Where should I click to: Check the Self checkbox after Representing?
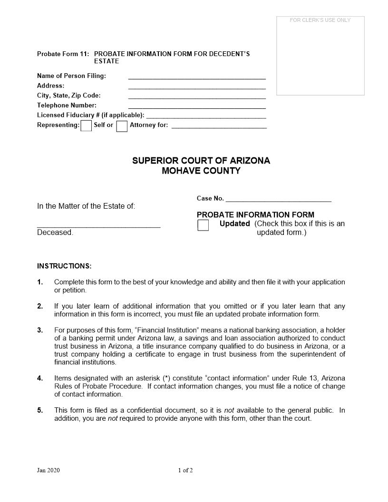[86, 126]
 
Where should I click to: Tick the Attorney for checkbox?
[122, 126]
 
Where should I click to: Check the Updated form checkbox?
[203, 225]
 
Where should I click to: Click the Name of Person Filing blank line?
[197, 76]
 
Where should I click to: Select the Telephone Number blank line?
[197, 106]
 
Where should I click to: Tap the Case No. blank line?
[278, 199]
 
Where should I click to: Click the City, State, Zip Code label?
[69, 96]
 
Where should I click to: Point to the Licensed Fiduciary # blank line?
[206, 116]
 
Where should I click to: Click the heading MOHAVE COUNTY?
[201, 171]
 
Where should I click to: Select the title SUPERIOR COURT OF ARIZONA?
[201, 161]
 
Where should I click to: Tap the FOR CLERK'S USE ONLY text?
[320, 20]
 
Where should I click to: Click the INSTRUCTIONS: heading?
[64, 266]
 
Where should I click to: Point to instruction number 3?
[40, 330]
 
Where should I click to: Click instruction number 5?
[40, 410]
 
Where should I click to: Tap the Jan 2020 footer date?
[48, 471]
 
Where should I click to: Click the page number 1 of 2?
[185, 471]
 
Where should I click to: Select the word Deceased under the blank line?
[55, 233]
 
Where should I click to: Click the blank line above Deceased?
[98, 225]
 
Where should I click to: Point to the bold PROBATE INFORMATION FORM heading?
[255, 215]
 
